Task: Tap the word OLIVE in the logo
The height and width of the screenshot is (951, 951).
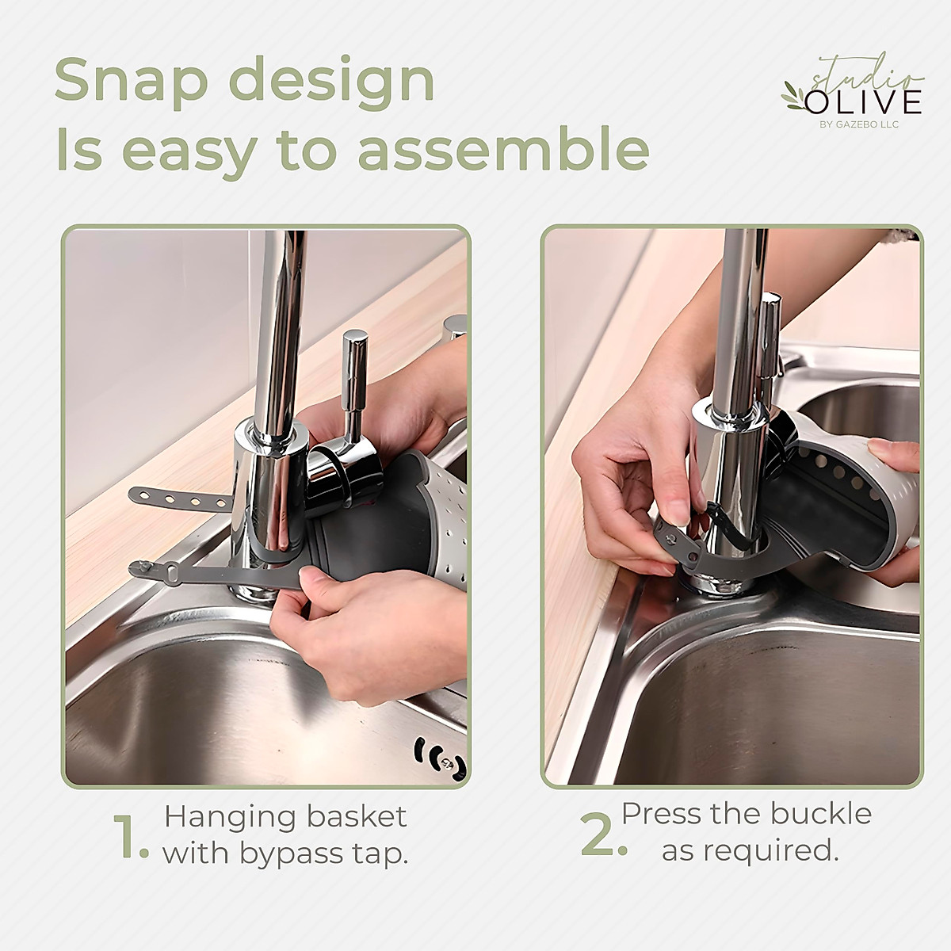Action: pos(864,102)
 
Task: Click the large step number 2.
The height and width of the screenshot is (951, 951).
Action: pos(603,838)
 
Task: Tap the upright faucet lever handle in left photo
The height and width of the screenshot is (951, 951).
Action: pos(355,380)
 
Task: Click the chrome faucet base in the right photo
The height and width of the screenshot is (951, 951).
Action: pos(717,579)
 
